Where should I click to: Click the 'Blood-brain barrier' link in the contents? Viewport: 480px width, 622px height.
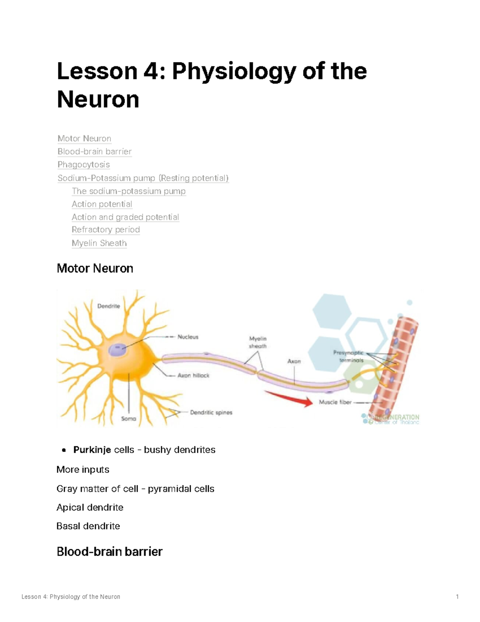tap(94, 151)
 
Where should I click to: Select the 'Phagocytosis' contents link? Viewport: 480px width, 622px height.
tap(84, 165)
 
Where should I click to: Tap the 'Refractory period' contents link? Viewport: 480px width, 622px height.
tap(106, 229)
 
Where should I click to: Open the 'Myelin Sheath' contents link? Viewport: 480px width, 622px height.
tap(99, 243)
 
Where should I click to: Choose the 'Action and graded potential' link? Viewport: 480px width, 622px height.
tap(125, 217)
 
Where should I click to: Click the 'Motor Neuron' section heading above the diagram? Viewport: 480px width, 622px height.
tap(95, 268)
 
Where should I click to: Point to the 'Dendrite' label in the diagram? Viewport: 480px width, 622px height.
tap(108, 306)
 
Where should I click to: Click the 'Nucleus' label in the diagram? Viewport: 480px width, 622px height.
tap(188, 337)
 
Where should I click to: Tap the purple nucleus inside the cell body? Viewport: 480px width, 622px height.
tap(117, 350)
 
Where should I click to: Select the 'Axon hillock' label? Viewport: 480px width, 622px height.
tap(193, 375)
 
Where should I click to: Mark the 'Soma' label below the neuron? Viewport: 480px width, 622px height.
tap(128, 419)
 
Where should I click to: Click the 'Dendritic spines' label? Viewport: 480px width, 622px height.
tap(211, 412)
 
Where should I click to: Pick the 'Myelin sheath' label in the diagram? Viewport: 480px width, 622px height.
tap(258, 342)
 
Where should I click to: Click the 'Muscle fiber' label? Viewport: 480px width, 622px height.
tap(335, 402)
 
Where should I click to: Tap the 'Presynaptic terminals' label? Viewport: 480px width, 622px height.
tap(349, 356)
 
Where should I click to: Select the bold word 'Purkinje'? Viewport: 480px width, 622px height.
tap(92, 450)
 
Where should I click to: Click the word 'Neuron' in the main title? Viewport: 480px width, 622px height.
tap(98, 99)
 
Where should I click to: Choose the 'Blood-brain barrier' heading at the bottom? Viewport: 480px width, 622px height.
tap(110, 552)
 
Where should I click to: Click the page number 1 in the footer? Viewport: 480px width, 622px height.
tap(457, 597)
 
